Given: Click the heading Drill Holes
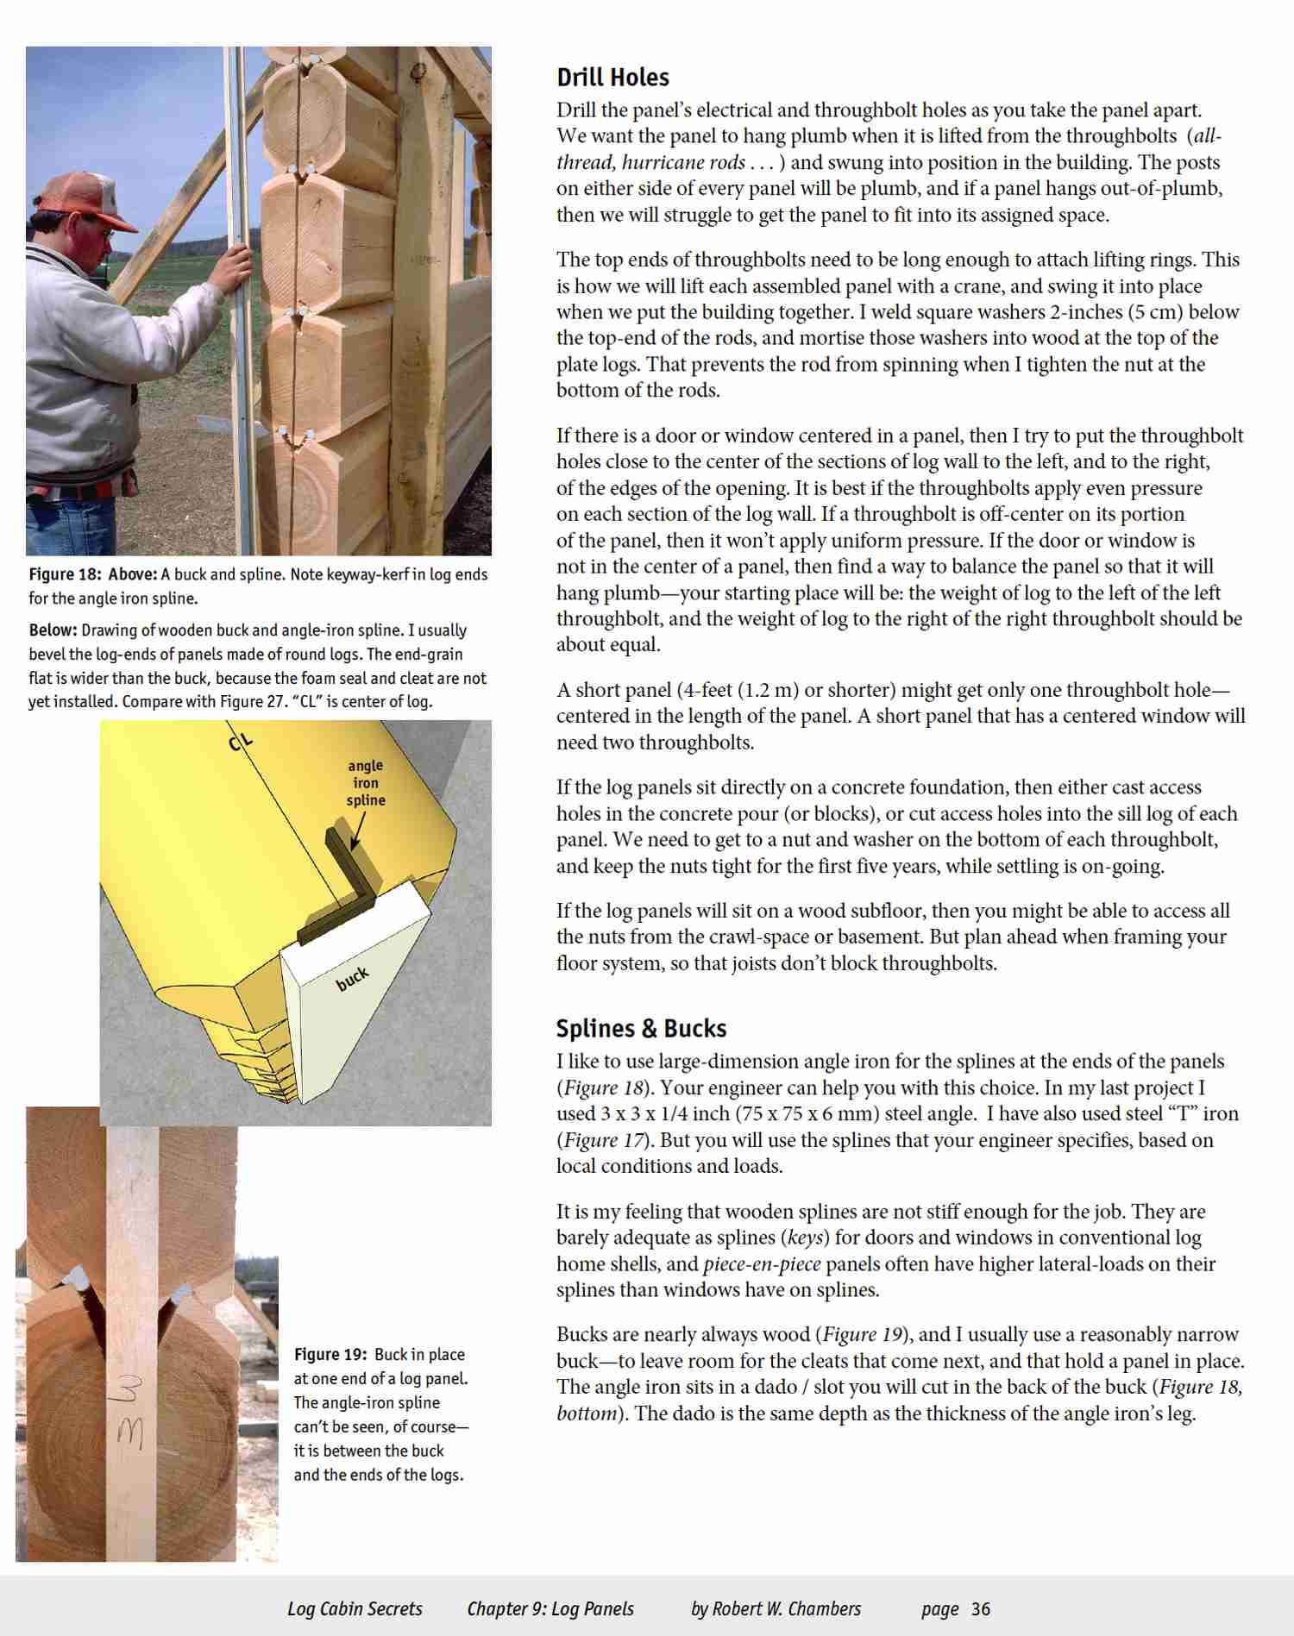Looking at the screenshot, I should click(x=612, y=78).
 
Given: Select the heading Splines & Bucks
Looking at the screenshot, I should click(x=641, y=1028).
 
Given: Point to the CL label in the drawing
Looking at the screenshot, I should click(x=241, y=741).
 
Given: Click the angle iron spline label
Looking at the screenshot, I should click(x=366, y=783).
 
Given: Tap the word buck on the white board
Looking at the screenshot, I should click(x=352, y=978).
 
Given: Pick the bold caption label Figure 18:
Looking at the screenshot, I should click(x=65, y=574).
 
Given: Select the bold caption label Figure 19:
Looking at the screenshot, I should click(x=330, y=1354).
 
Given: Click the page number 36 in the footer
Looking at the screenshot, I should click(x=981, y=1609).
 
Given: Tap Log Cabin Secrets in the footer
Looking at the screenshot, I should click(x=355, y=1609).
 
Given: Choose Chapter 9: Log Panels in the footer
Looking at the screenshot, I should click(x=550, y=1609).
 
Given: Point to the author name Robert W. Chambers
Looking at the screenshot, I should click(x=787, y=1609).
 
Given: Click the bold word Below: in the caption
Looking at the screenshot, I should click(x=53, y=630).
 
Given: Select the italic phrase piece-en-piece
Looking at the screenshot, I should click(x=761, y=1264).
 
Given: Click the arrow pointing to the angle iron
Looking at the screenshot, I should click(x=357, y=832).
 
